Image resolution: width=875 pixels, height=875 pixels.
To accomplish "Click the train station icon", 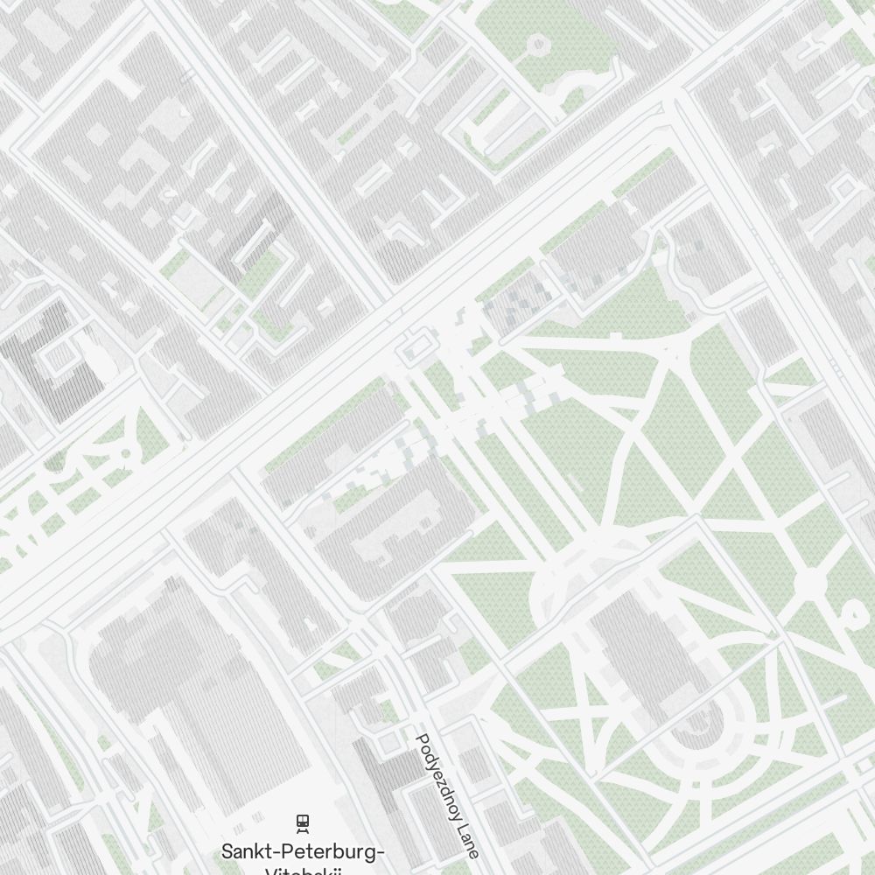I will click(x=303, y=822).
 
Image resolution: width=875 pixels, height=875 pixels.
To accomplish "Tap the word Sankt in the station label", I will click(x=246, y=852).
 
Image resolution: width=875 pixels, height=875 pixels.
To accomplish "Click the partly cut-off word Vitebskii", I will click(x=302, y=871).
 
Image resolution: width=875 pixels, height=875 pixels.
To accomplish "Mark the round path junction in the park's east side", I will click(x=810, y=582).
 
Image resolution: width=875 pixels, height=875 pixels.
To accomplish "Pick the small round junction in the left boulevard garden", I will click(x=125, y=453).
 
